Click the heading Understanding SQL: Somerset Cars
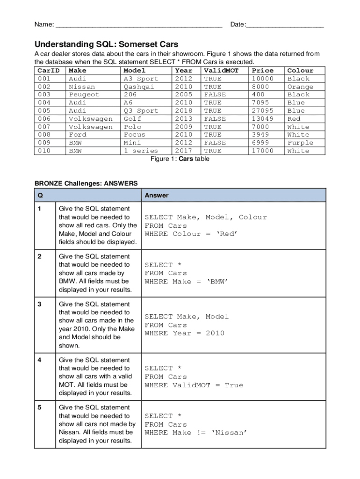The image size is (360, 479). point(106,44)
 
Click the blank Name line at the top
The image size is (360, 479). point(138,25)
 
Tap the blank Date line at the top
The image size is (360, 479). point(285,25)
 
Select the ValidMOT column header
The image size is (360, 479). point(221,71)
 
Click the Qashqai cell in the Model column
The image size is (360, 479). point(139,87)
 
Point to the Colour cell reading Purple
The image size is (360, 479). point(300,143)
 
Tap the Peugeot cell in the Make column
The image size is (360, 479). point(84,95)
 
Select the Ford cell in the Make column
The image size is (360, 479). point(78,135)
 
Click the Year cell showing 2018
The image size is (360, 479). point(183,111)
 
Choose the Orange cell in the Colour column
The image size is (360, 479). point(300,87)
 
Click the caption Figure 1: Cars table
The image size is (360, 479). point(180,159)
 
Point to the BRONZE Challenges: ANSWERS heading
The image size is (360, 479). point(86,183)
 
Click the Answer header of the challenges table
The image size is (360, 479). point(157,196)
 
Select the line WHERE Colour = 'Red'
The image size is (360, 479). point(191,234)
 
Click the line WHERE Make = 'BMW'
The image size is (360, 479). point(186,282)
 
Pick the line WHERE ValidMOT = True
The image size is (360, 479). point(194,385)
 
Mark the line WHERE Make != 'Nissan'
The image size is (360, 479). point(195,433)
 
